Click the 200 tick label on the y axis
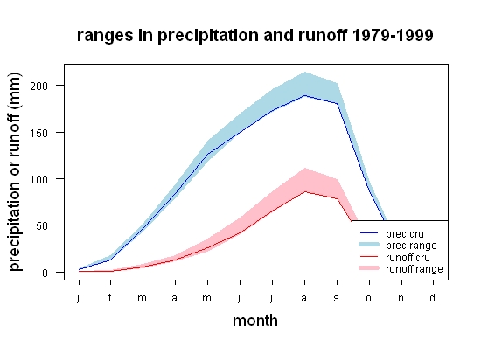39,86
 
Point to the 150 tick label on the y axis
39,133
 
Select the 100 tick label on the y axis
39,179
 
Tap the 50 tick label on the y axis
42,226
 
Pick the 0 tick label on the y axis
45,273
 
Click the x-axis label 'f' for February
110,297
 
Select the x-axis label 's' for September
337,298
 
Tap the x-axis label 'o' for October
369,298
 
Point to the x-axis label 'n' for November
401,298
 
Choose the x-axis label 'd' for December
433,297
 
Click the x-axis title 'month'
255,321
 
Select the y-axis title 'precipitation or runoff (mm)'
15,172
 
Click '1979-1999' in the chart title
393,35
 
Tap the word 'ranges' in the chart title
105,36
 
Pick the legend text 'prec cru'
405,234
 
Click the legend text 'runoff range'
415,269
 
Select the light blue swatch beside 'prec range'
369,245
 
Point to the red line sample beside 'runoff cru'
369,256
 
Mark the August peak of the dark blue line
304,95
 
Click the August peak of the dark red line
304,191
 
